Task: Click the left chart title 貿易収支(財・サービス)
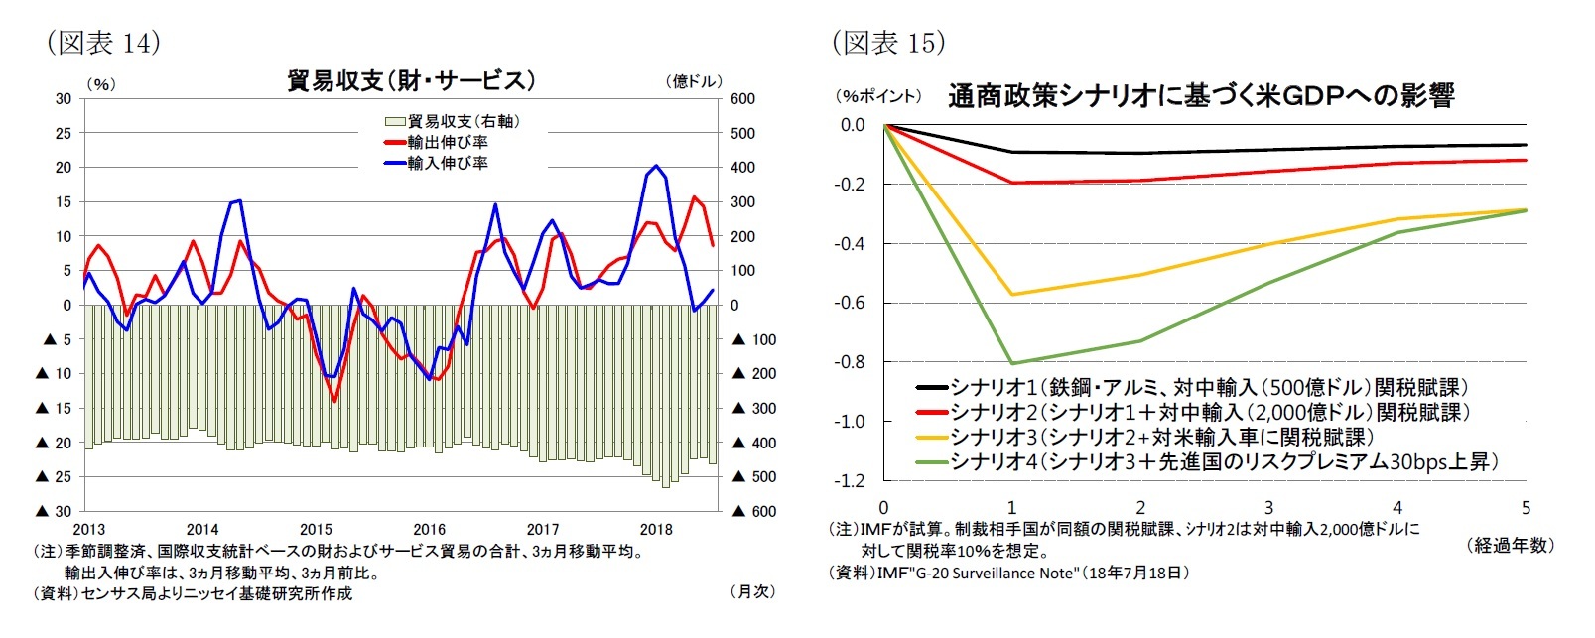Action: (410, 80)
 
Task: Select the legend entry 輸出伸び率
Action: (447, 143)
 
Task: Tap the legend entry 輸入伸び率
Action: (447, 164)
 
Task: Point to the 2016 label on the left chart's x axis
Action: (429, 530)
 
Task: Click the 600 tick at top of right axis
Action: (742, 99)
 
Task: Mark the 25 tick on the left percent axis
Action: (64, 133)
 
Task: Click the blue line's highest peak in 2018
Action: (656, 166)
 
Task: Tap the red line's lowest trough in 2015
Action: (334, 401)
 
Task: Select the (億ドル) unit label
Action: (693, 82)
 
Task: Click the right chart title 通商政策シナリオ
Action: (1200, 95)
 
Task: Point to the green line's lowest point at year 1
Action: (1012, 363)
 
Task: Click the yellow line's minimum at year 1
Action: (1012, 294)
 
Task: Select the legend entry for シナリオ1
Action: (1207, 388)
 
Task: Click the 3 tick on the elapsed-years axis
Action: (1268, 507)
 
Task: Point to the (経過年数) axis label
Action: (1509, 545)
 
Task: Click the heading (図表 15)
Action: (887, 42)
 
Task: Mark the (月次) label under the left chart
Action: (751, 591)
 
